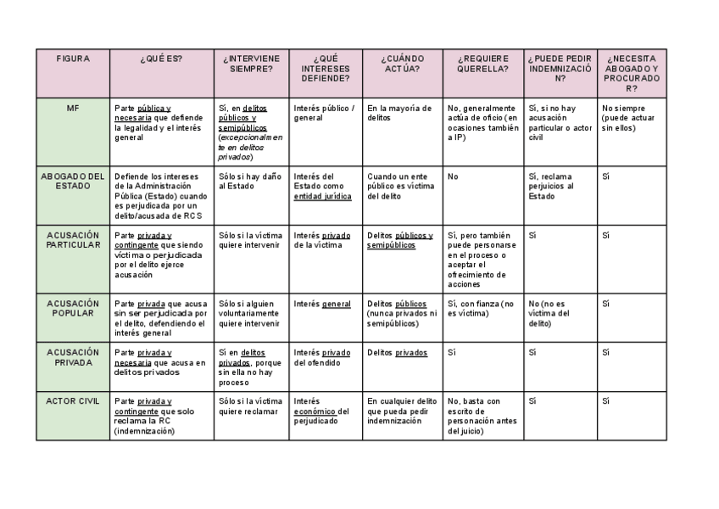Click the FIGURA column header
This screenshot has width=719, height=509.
[73, 59]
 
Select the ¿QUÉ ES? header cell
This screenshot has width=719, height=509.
[161, 59]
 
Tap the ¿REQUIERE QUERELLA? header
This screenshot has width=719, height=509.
[483, 64]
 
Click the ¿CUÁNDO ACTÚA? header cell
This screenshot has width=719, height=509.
[403, 64]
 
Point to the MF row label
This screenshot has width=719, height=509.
[73, 109]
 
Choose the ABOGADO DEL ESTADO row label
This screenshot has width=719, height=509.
[73, 181]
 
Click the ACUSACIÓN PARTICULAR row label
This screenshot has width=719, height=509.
[73, 240]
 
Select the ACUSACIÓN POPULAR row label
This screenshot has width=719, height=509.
[73, 308]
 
